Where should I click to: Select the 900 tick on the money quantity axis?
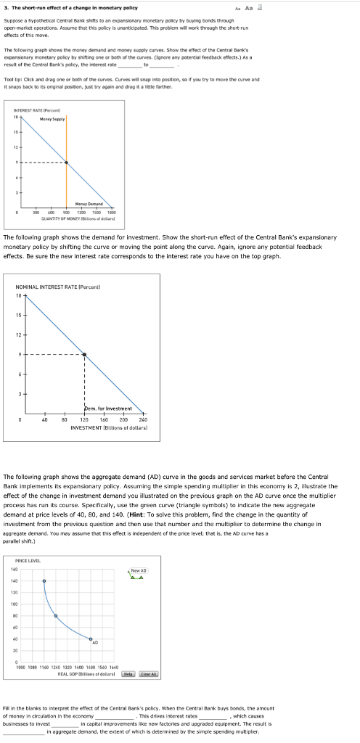pos(66,192)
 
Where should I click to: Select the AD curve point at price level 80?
pos(57,616)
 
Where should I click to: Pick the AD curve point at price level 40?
pos(90,639)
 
